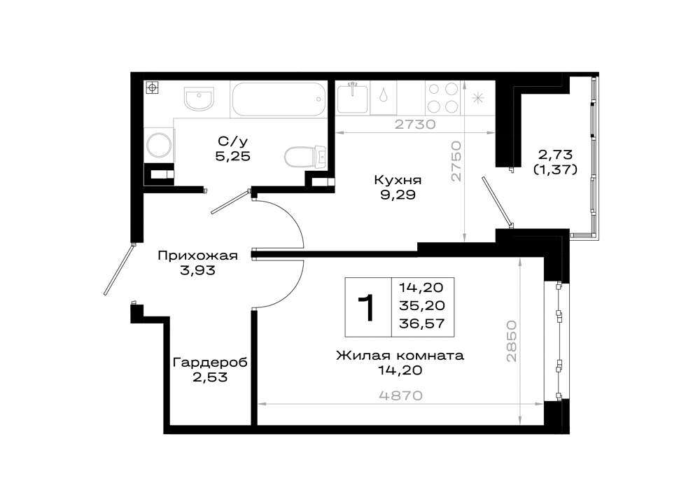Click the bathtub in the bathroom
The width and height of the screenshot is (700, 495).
(279, 99)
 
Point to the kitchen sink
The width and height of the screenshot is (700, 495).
(353, 98)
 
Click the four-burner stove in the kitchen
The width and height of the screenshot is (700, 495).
(443, 98)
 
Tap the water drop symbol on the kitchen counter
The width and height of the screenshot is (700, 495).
(384, 97)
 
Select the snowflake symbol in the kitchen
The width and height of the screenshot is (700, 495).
(477, 98)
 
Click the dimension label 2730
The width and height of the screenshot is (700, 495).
(415, 124)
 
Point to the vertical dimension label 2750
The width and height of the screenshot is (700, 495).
(455, 161)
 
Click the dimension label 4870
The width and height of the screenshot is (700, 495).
(401, 396)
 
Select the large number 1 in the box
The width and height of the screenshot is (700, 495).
(367, 308)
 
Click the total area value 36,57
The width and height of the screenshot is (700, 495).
(422, 323)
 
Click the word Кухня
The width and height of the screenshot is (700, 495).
(398, 181)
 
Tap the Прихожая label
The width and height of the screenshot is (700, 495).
(197, 256)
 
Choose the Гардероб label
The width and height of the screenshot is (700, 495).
(210, 363)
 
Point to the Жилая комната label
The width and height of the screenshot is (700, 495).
(400, 355)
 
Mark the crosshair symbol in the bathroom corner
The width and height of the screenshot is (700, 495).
(152, 88)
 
